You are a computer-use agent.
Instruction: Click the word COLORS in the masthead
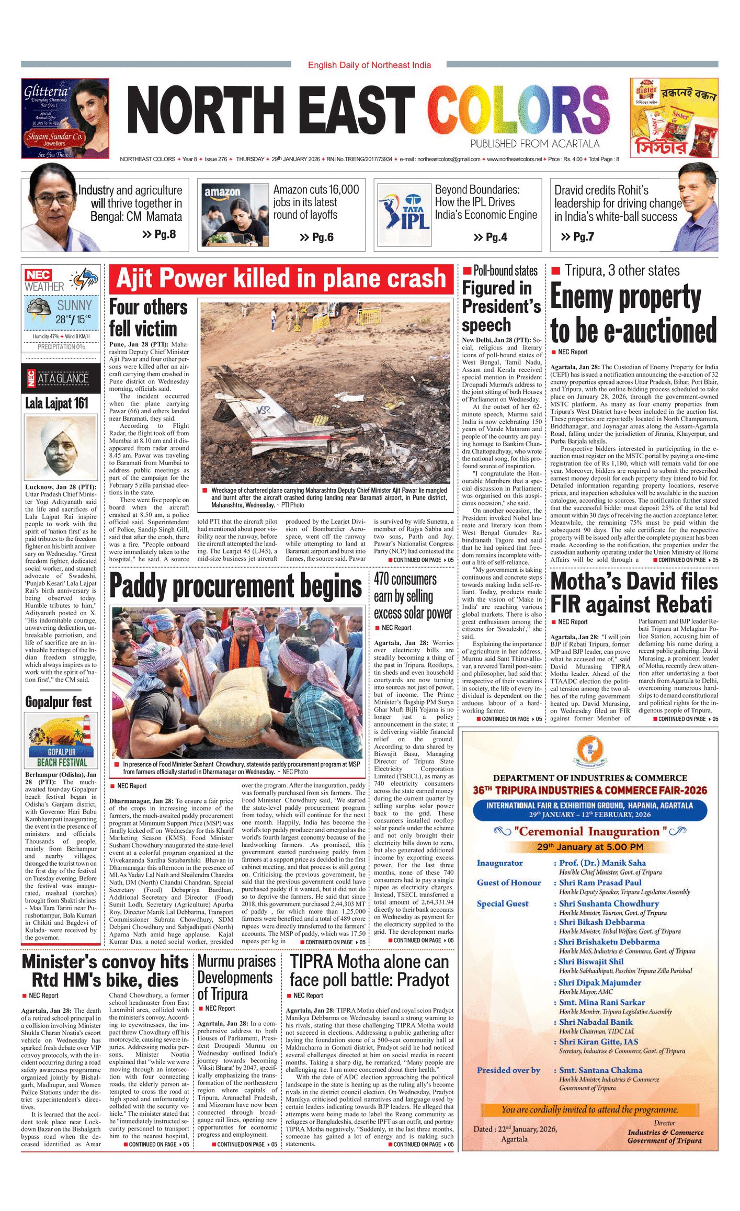[x=518, y=111]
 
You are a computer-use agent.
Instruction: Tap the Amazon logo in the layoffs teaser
[x=222, y=192]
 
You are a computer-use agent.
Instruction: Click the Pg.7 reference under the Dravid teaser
[x=577, y=237]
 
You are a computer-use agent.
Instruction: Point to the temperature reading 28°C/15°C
[x=73, y=319]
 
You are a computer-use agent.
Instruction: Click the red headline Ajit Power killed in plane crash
[x=281, y=278]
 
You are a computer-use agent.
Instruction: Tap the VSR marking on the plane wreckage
[x=264, y=410]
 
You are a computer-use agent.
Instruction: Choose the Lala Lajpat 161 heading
[x=57, y=403]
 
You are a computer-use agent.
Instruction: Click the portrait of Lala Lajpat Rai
[x=61, y=447]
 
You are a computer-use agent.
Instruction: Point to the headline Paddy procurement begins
[x=235, y=586]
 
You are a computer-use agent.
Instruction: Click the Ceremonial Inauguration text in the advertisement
[x=590, y=831]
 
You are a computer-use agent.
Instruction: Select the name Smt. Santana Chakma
[x=600, y=1070]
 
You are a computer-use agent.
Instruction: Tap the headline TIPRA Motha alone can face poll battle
[x=369, y=970]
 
